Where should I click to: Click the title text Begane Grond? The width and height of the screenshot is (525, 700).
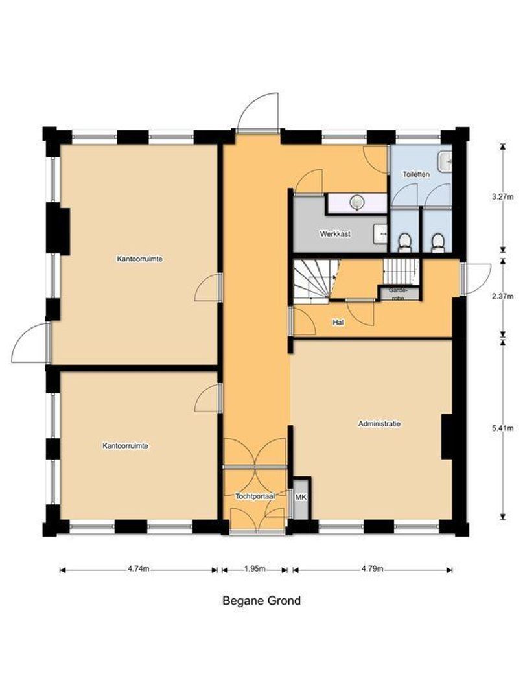(x=261, y=601)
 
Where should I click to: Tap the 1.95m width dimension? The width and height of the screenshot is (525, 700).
(x=255, y=569)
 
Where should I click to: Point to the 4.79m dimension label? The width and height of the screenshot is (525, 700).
(x=372, y=569)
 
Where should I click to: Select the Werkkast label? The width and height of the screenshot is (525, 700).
(x=334, y=233)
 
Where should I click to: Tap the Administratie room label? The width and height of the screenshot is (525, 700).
(x=379, y=424)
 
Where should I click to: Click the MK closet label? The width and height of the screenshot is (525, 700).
(x=300, y=497)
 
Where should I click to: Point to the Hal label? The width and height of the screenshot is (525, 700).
(x=337, y=322)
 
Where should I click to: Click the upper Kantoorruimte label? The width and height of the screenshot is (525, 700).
(x=139, y=259)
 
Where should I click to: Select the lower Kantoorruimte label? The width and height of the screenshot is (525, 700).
(x=125, y=446)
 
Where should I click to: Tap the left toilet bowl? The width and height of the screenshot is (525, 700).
(x=404, y=241)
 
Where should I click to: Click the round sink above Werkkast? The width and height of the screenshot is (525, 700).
(x=356, y=203)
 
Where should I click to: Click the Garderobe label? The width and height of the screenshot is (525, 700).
(x=397, y=294)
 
